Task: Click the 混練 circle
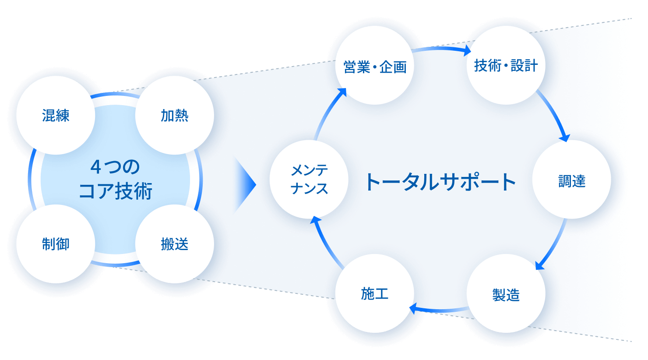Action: [x=56, y=116]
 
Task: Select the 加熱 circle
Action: [x=174, y=116]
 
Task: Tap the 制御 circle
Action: [x=56, y=244]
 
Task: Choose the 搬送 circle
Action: [x=174, y=244]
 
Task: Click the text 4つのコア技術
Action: [x=115, y=180]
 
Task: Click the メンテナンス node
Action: [x=309, y=180]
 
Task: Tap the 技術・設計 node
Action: [x=506, y=66]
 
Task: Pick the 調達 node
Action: [x=571, y=180]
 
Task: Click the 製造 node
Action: [x=506, y=294]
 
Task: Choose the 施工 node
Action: [x=375, y=293]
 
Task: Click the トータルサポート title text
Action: [x=440, y=182]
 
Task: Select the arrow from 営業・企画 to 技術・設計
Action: [x=440, y=49]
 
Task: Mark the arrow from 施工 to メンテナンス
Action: [x=325, y=243]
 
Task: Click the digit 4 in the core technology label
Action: [x=96, y=167]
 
